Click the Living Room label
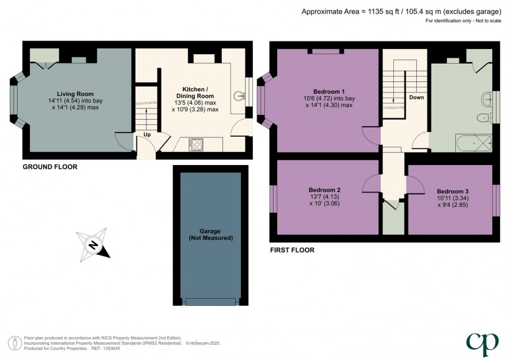(x=75, y=94)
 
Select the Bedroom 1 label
(x=328, y=91)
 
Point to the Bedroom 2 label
(x=324, y=190)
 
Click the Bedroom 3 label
(x=453, y=191)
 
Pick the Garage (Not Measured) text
(x=210, y=234)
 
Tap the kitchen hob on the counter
(x=196, y=144)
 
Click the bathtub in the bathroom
(x=473, y=142)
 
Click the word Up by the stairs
(x=147, y=135)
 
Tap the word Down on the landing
(x=416, y=97)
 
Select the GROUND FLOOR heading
(x=50, y=167)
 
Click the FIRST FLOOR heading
(x=292, y=250)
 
